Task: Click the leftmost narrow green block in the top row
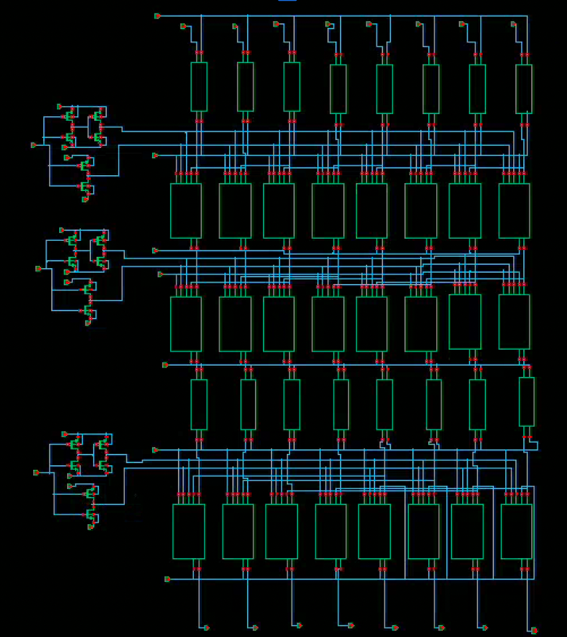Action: [x=199, y=86]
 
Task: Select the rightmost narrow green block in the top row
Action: [x=524, y=88]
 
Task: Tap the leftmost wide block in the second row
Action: [x=186, y=210]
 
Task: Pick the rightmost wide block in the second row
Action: [x=515, y=210]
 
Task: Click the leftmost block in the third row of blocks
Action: [x=186, y=324]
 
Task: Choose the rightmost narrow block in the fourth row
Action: [x=526, y=401]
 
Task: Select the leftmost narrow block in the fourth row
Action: [x=199, y=404]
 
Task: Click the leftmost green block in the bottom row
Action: [x=189, y=531]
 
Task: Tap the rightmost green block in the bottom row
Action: [x=517, y=531]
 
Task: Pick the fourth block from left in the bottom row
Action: [x=331, y=531]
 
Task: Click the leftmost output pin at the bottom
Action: [x=206, y=627]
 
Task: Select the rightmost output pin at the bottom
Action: [x=534, y=630]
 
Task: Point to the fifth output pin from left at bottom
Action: [x=395, y=627]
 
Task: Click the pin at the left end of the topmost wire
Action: [x=157, y=16]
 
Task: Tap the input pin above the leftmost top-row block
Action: [x=183, y=26]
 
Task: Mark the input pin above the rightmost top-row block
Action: [x=513, y=24]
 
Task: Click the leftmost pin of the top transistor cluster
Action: [x=33, y=145]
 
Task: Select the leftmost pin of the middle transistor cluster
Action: [x=38, y=269]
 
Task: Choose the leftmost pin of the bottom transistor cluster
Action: [x=36, y=472]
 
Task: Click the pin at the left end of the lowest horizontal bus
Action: [x=167, y=579]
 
